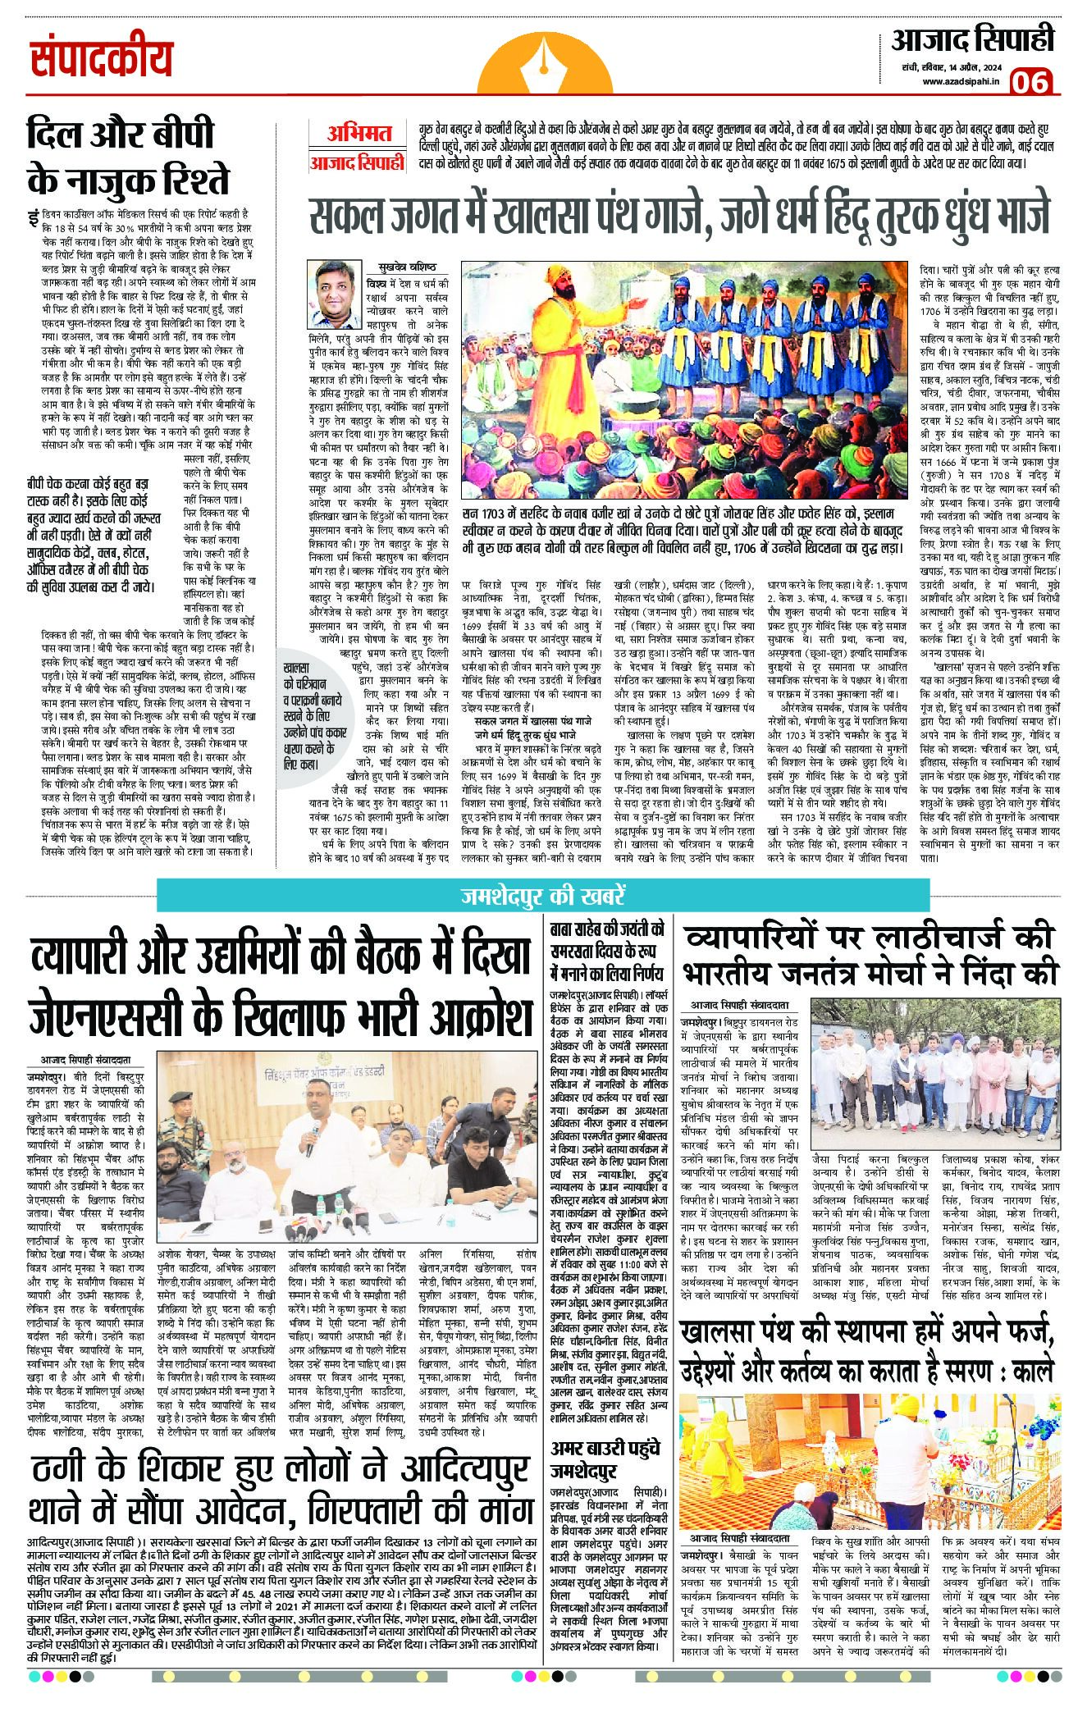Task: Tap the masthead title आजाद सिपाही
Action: point(973,40)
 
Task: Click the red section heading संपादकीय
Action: point(102,59)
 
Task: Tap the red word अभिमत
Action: point(359,133)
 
